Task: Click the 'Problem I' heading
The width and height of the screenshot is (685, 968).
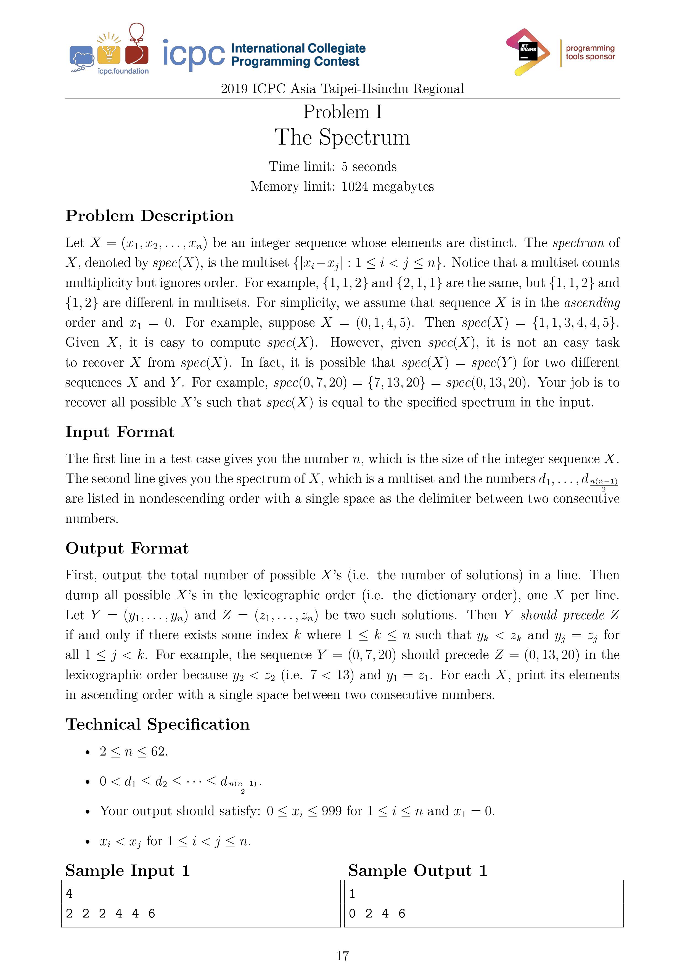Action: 342,112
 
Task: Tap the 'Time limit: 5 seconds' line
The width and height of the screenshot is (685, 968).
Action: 333,167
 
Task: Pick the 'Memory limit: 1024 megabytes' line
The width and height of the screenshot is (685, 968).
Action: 342,186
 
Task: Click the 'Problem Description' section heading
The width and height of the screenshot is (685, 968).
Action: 149,216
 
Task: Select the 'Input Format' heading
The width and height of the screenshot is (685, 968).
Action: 120,432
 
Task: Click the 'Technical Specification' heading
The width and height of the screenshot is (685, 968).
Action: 157,724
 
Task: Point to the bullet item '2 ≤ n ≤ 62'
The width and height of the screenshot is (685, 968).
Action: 133,751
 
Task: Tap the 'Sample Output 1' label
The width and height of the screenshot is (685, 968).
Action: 417,871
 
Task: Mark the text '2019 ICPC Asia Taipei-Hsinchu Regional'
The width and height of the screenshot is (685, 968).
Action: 342,89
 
